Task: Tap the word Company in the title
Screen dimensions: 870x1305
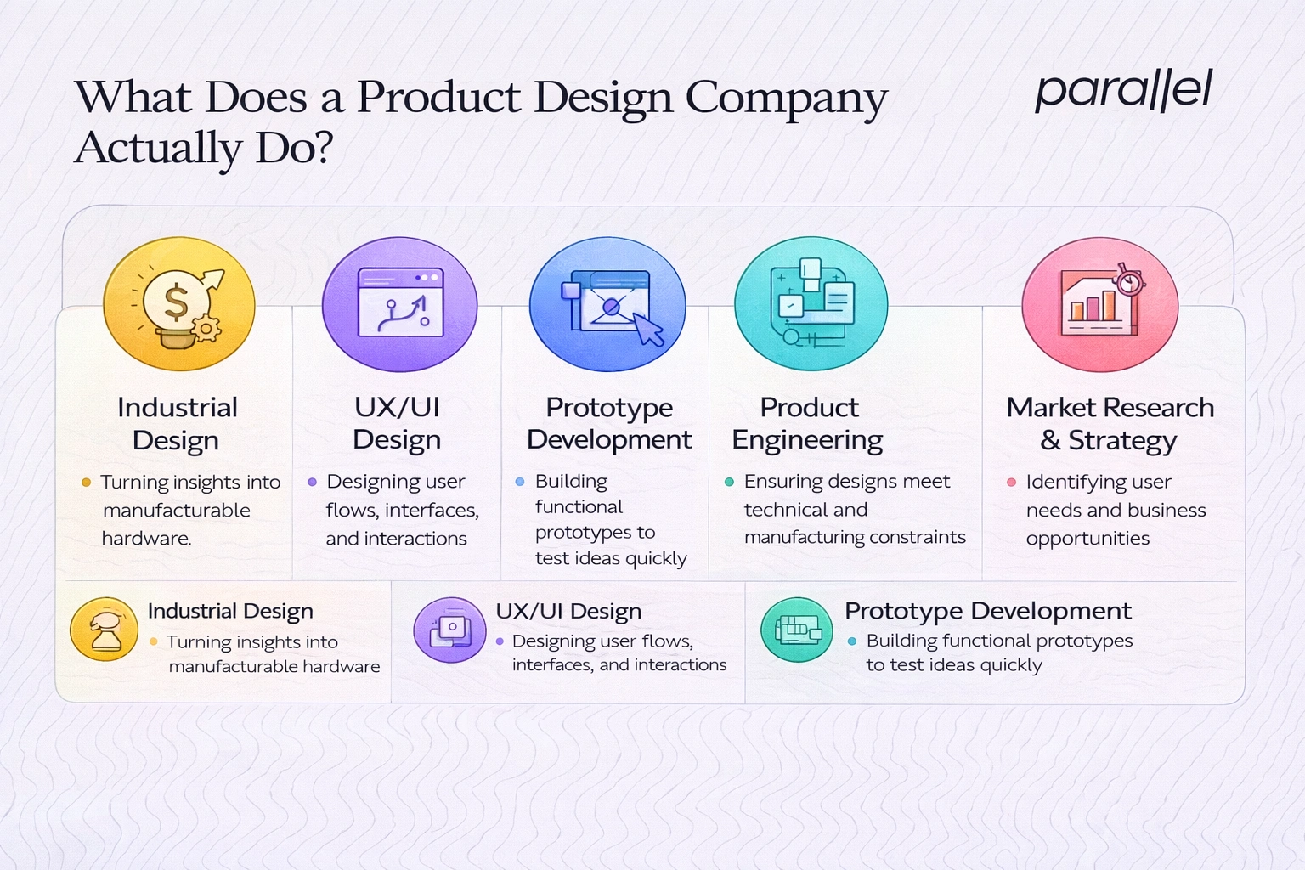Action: point(786,99)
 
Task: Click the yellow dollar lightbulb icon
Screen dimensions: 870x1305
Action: point(178,303)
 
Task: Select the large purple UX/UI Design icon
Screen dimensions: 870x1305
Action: point(399,303)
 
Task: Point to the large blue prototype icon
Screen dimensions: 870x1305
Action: point(607,304)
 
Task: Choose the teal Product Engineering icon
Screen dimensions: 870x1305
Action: point(811,303)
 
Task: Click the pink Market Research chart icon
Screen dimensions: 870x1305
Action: point(1099,303)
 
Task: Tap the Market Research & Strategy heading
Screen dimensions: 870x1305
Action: point(1110,423)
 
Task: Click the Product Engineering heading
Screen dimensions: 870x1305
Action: point(808,423)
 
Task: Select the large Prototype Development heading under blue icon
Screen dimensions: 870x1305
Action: point(609,423)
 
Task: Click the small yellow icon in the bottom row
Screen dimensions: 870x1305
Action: point(104,629)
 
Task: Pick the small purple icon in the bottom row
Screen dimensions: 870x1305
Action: point(449,630)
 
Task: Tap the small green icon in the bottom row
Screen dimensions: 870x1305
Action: point(796,630)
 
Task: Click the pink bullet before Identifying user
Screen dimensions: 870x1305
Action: point(1011,482)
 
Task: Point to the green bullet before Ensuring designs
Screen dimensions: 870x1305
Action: point(729,482)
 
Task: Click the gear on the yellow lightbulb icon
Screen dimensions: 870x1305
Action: point(206,327)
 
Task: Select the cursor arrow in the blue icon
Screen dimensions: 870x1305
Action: point(649,329)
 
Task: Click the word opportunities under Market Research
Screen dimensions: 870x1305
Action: point(1087,539)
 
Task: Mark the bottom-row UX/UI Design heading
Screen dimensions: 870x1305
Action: point(568,611)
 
